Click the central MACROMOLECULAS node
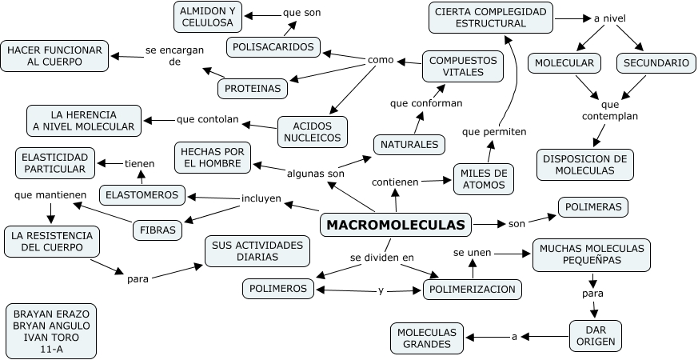[396, 225]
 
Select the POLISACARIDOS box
[274, 47]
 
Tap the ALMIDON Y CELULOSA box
[207, 17]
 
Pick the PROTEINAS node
[254, 88]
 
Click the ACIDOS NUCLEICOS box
[313, 130]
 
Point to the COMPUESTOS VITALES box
[463, 66]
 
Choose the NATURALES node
[409, 144]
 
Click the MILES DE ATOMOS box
[484, 179]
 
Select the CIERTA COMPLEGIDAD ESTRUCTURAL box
[491, 17]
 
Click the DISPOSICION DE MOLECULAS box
[585, 164]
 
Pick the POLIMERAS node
[592, 207]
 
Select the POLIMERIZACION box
[473, 289]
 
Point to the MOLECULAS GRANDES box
[427, 338]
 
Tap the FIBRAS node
[158, 230]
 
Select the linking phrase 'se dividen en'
[382, 258]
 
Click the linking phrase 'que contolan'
[208, 120]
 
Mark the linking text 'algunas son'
[316, 173]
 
